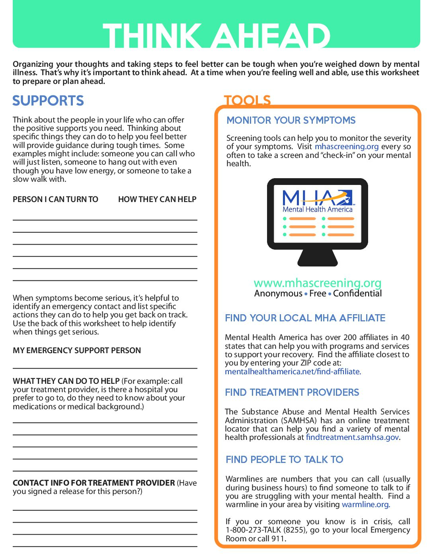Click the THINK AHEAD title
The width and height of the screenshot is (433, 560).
pos(216,35)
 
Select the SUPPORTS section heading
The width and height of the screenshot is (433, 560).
pos(48,101)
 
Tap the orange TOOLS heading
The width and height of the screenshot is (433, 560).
pos(247,100)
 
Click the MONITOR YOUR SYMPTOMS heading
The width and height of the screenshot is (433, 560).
pos(291,120)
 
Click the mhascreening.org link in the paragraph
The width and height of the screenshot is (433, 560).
pos(347,146)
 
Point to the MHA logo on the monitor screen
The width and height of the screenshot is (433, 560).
pos(318,201)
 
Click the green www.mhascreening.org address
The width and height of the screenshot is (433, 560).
pos(317,283)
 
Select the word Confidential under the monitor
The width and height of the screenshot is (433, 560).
pos(357,294)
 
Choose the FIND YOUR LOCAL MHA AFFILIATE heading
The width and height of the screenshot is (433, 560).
pos(305,318)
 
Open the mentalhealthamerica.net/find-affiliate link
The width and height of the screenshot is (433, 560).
pos(293,371)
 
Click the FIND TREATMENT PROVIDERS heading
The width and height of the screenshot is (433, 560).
pos(292,392)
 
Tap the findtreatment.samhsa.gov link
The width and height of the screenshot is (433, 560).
pos(352,437)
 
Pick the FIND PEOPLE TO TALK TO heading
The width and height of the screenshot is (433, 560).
pos(284,459)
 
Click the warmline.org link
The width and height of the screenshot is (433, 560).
pos(365,504)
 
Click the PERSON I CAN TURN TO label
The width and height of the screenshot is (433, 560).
pos(55,199)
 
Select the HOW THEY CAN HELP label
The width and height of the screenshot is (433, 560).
pos(157,199)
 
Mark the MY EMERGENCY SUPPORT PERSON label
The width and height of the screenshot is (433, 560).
pos(77,350)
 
